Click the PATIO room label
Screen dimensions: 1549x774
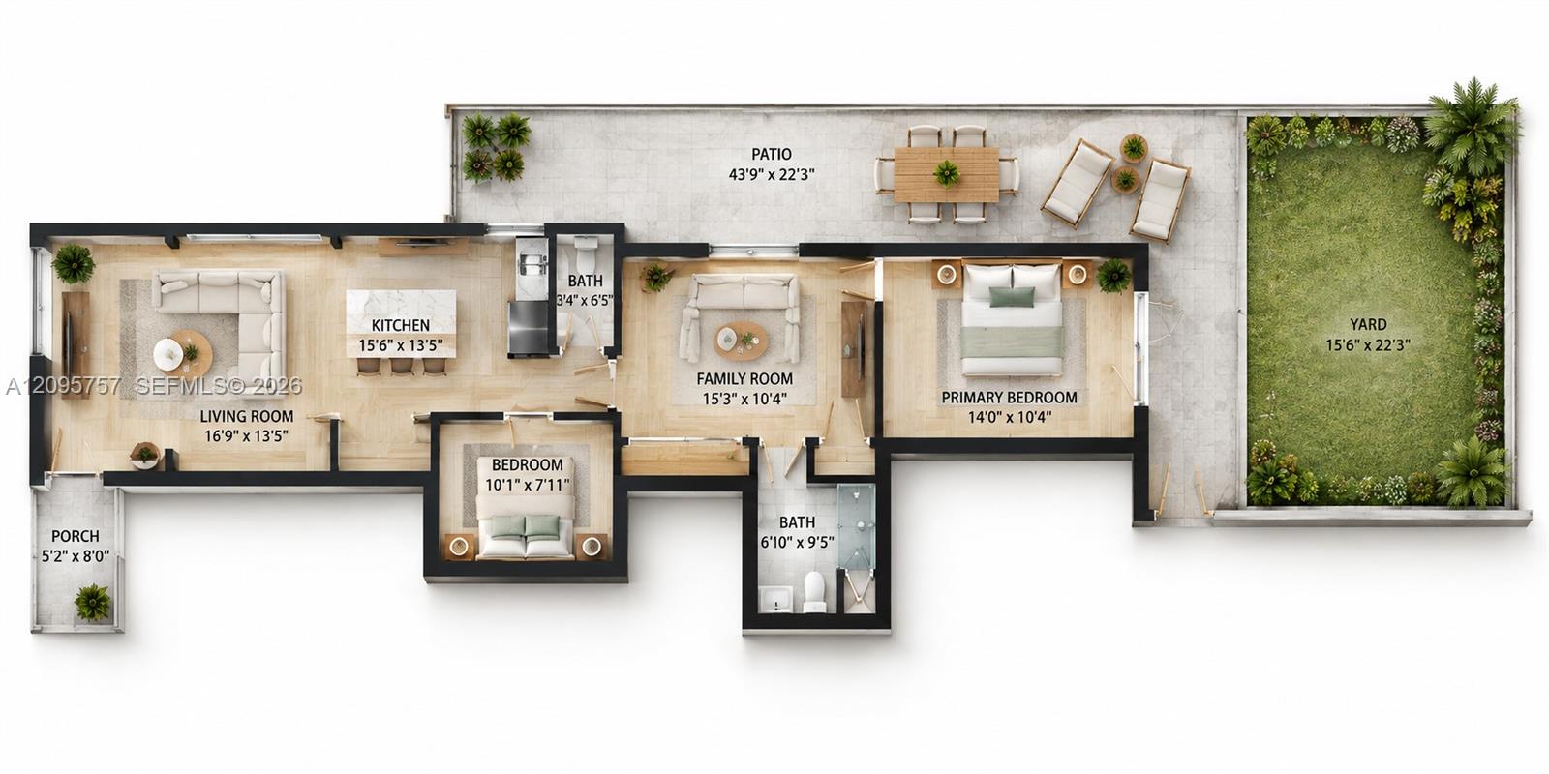771,154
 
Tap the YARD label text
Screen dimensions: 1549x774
1368,324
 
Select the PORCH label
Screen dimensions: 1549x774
76,536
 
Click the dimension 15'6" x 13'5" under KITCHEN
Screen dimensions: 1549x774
401,344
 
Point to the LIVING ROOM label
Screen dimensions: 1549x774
246,416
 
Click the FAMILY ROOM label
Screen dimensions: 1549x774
744,378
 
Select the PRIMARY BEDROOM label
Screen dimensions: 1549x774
1009,398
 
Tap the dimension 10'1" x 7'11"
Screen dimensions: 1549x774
527,485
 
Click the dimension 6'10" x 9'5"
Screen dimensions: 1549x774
797,543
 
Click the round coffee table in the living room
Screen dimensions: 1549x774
183,353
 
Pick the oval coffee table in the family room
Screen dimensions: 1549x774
741,341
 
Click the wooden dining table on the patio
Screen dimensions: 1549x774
946,173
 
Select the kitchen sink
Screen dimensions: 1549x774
532,265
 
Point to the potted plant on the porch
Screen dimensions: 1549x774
92,601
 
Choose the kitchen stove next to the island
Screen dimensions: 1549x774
529,327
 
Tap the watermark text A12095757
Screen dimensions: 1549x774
63,386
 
